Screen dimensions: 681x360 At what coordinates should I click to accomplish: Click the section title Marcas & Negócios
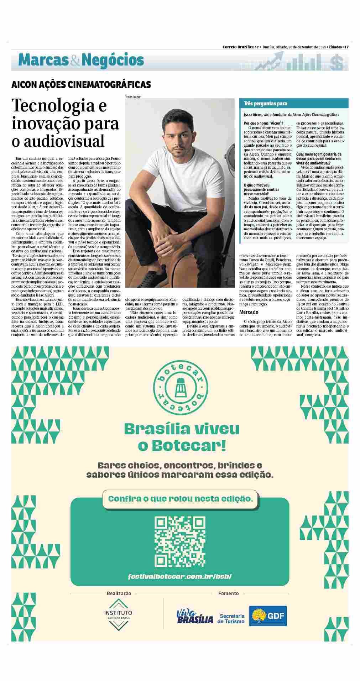click(x=81, y=60)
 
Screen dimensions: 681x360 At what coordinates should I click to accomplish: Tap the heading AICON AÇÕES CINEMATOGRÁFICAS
click(x=81, y=85)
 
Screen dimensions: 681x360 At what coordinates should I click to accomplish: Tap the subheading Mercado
click(x=249, y=312)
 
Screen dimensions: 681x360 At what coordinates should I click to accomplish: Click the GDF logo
click(x=268, y=616)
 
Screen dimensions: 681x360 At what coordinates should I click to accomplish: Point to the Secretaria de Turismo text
click(x=232, y=618)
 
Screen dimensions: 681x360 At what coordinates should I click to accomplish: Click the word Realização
click(x=119, y=593)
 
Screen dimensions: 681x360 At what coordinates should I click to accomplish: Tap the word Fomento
click(x=229, y=593)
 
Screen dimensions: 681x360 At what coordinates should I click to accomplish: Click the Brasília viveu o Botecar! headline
click(x=182, y=437)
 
